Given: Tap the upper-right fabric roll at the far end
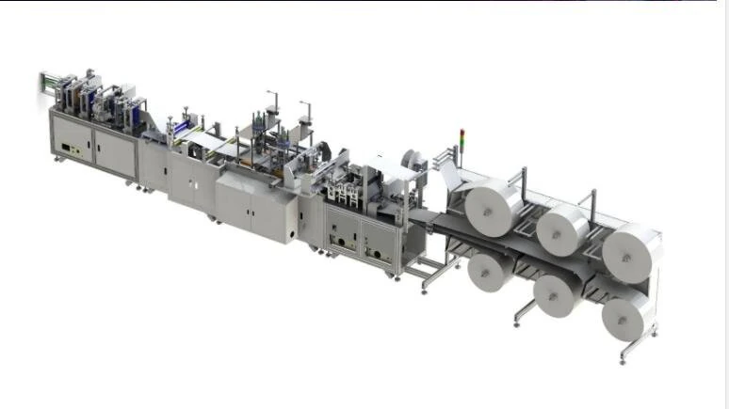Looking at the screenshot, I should (x=628, y=250).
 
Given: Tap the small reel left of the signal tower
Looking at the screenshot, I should (x=411, y=160).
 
